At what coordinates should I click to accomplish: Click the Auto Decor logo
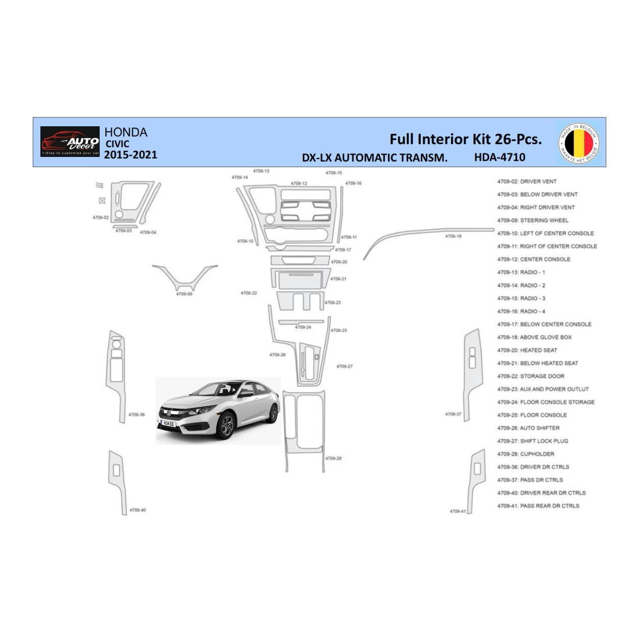coord(70,142)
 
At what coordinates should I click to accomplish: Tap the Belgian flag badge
coord(579,143)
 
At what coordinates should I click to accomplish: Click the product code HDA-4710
coord(499,157)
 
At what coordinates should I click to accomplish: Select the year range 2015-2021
coord(130,155)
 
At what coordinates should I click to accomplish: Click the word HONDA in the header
coord(126,132)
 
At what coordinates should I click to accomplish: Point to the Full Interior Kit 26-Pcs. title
coord(465,139)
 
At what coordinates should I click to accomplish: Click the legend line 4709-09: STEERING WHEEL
coord(533,220)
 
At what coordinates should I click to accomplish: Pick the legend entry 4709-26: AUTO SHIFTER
coord(528,428)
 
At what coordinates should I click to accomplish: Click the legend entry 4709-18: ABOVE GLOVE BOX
coord(534,337)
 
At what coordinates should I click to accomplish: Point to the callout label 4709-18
coord(453,236)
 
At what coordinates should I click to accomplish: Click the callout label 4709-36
coord(136,415)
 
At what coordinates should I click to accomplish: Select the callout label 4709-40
coord(138,510)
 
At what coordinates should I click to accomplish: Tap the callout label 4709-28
coord(333,459)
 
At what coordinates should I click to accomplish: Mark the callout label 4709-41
coord(458,511)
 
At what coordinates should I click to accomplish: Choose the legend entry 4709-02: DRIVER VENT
coord(527,181)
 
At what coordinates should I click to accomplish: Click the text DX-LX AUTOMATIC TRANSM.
coord(374,158)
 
